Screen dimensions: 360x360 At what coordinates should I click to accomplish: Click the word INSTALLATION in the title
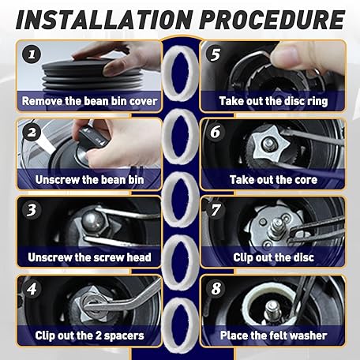(104, 20)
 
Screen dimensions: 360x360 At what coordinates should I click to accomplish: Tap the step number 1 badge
(32, 54)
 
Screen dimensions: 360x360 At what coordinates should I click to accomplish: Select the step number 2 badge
(32, 133)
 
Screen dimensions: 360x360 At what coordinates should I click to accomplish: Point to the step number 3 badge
(32, 210)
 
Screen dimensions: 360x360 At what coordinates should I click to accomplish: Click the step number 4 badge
(32, 289)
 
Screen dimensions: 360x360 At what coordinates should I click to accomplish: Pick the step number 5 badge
(216, 54)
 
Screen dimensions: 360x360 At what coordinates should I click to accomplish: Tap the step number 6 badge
(216, 132)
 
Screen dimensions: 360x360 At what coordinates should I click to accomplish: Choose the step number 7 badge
(216, 210)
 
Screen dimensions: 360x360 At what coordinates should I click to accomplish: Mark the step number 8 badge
(216, 288)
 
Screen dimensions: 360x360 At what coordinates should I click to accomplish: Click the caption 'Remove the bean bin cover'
(89, 101)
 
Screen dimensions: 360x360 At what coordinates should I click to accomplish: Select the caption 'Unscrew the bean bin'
(89, 180)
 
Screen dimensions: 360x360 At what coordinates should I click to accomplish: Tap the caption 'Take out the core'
(273, 180)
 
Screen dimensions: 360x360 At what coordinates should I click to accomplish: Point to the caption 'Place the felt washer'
(273, 336)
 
